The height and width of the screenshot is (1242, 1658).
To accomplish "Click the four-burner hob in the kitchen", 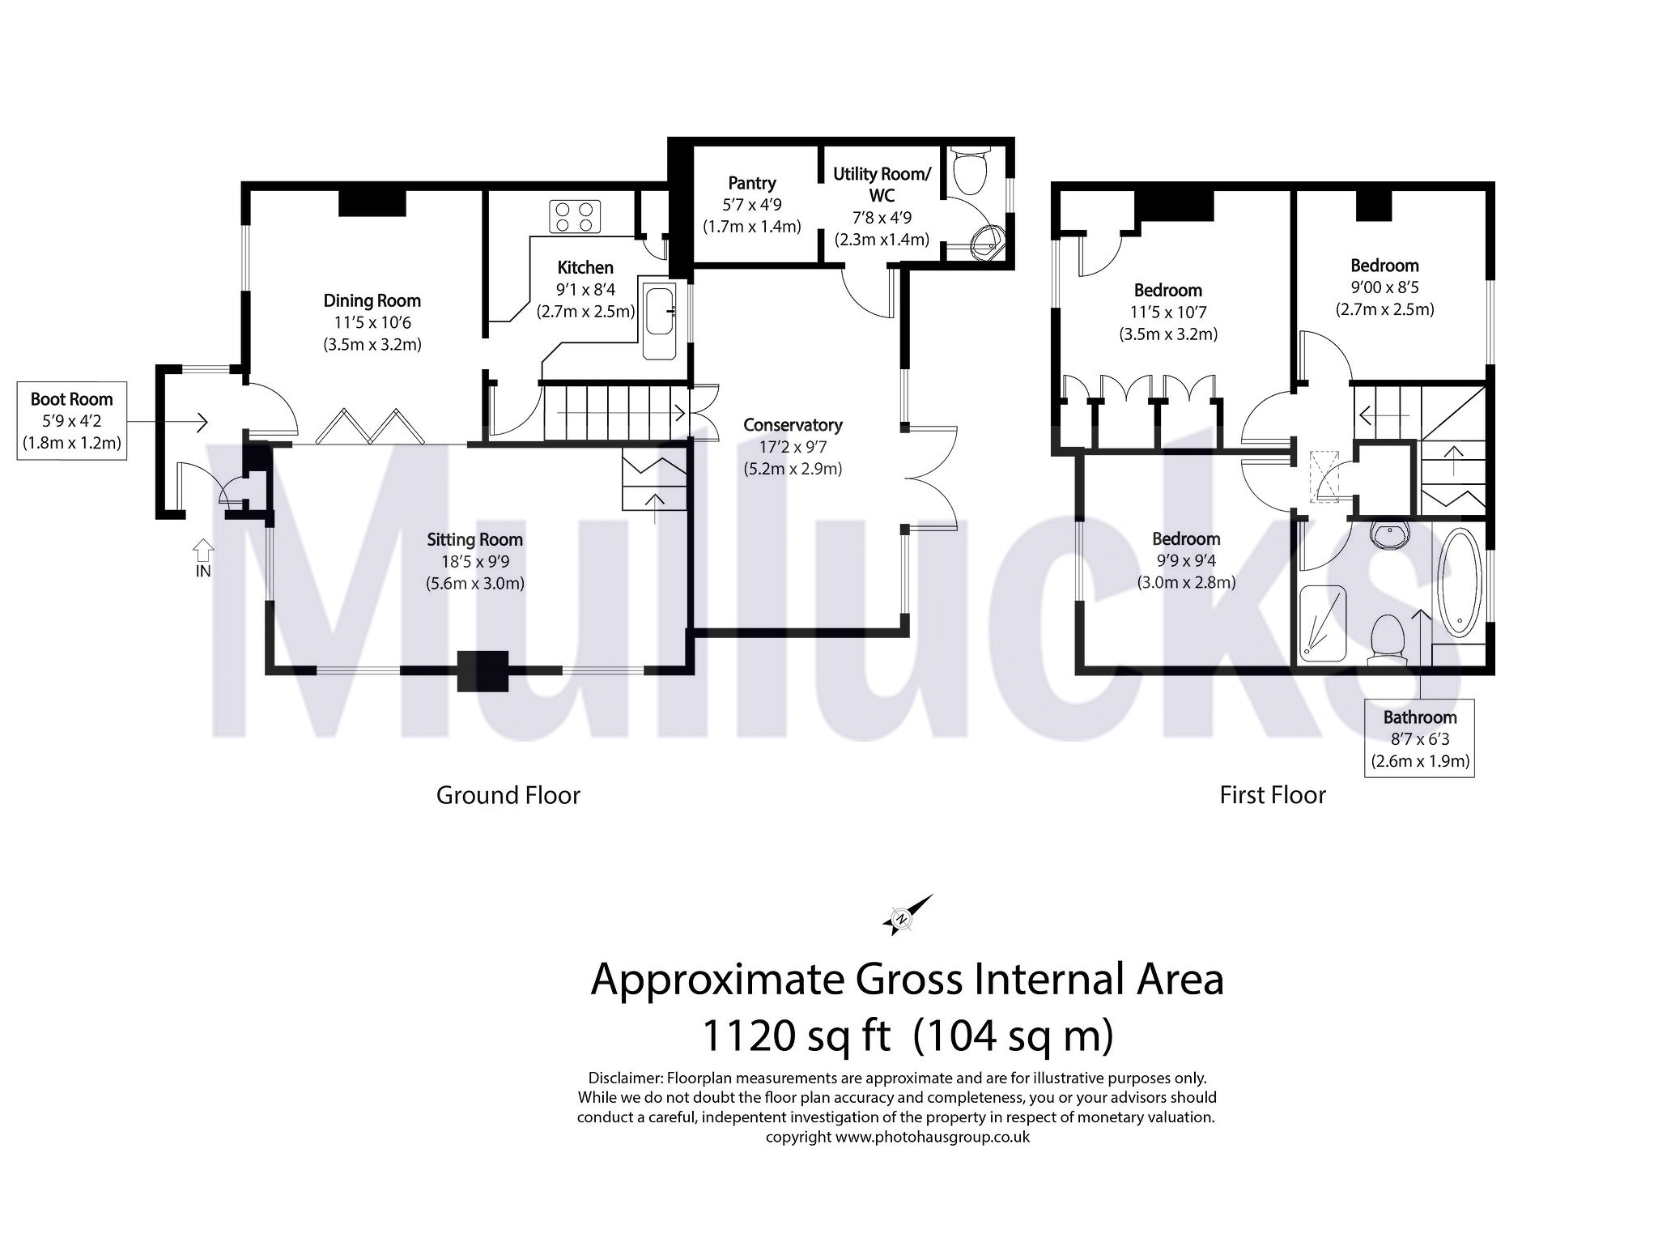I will click(x=575, y=216).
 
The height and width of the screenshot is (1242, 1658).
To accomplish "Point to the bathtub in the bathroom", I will click(x=1460, y=581).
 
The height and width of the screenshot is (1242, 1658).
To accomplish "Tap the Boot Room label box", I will click(x=72, y=420).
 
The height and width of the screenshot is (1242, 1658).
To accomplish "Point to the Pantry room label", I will click(x=751, y=183).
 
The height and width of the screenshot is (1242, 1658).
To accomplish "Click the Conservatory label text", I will click(x=793, y=424).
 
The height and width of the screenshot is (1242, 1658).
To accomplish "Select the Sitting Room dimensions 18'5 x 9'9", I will click(x=475, y=561).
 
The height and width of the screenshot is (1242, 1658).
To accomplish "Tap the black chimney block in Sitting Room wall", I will click(x=483, y=671).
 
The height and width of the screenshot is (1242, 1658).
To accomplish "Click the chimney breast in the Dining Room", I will click(x=371, y=202).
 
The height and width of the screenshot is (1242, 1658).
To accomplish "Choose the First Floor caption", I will click(x=1272, y=795).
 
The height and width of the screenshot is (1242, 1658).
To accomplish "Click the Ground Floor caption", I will click(x=508, y=795).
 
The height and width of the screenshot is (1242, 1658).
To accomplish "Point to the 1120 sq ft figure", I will click(x=797, y=1036).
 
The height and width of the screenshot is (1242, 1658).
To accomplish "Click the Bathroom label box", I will click(x=1418, y=738).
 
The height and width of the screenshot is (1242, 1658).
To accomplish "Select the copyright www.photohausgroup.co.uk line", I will click(x=897, y=1137).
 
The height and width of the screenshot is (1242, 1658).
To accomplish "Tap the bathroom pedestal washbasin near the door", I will click(x=1390, y=534).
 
